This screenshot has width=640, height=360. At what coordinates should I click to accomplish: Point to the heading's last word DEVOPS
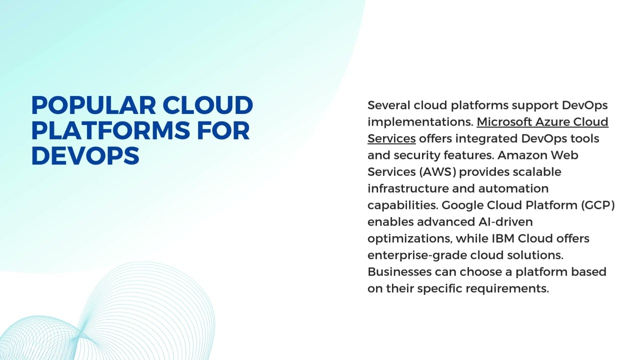[x=85, y=155]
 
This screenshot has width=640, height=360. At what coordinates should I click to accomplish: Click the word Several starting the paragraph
[x=388, y=105]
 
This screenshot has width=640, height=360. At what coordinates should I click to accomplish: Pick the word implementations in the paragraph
[x=419, y=122]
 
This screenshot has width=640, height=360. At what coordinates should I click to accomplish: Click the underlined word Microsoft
[x=504, y=122]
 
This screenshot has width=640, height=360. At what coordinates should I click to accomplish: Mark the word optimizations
[x=409, y=238]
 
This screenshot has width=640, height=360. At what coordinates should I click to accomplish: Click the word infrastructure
[x=408, y=188]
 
